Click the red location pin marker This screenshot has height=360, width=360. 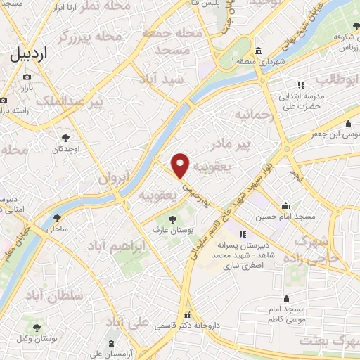pos(181,166)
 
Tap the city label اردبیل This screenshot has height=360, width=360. pos(34,54)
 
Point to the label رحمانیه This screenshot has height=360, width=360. pos(253,114)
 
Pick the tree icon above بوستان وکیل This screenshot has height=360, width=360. pos(37,327)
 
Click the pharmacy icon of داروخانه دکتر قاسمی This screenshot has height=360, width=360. pos(187,316)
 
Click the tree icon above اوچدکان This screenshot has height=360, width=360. pos(65,138)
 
